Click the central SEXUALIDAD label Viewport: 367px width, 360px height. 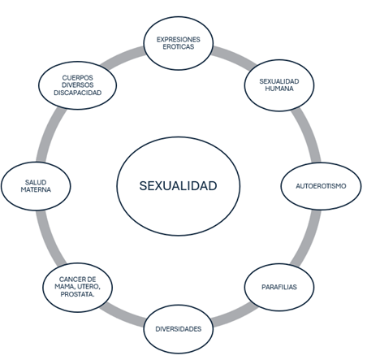click(178, 186)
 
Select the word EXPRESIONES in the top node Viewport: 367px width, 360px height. click(179, 40)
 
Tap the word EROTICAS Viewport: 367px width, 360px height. click(179, 47)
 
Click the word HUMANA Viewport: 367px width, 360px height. click(279, 89)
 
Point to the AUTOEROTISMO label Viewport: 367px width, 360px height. click(321, 186)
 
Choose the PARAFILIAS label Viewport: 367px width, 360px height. click(279, 287)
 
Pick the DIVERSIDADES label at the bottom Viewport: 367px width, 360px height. click(179, 329)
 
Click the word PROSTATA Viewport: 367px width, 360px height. click(77, 294)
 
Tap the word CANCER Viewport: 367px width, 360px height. click(70, 280)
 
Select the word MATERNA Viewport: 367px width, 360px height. click(36, 189)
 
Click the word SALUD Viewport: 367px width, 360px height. click(36, 182)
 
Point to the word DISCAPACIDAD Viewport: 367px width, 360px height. click(78, 93)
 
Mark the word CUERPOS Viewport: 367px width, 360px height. click(78, 78)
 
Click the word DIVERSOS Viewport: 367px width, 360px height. click(78, 85)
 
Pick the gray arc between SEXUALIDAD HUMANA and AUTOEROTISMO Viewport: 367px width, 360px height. click(308, 134)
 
